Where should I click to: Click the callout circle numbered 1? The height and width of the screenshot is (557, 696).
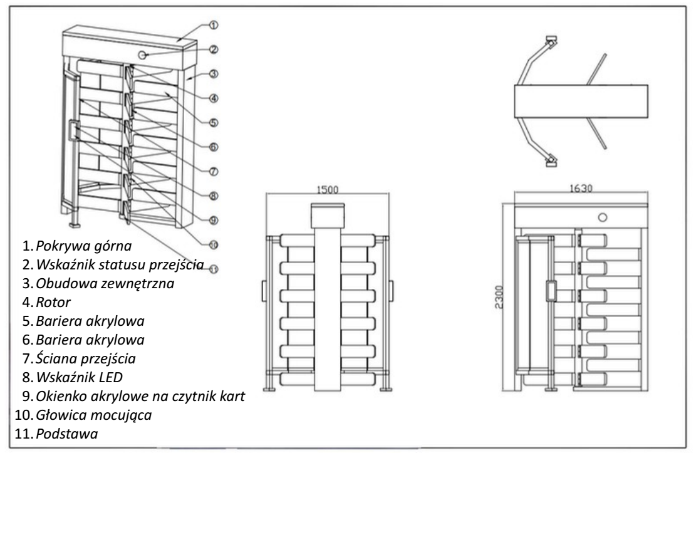click(x=214, y=25)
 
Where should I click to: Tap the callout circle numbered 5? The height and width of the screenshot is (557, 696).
click(x=214, y=123)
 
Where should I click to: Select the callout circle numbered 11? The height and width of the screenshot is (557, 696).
click(x=214, y=269)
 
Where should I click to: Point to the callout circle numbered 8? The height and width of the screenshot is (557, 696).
click(x=214, y=195)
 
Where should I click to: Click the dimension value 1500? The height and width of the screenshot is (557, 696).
click(x=327, y=189)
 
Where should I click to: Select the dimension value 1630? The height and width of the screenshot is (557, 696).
click(x=581, y=189)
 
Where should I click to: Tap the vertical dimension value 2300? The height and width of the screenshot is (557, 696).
click(x=499, y=297)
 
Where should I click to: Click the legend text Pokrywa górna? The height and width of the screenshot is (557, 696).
click(x=84, y=246)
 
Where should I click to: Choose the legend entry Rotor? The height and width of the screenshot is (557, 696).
click(x=53, y=302)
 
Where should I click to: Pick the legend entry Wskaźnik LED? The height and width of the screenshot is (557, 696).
click(x=79, y=377)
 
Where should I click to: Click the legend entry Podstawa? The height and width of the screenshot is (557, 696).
click(x=67, y=434)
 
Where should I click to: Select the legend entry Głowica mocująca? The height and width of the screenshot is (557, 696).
click(x=94, y=415)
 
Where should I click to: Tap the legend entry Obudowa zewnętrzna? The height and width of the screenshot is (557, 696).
click(x=105, y=283)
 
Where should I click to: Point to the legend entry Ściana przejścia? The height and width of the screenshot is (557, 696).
click(x=86, y=358)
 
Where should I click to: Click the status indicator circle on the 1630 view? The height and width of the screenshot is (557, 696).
click(x=602, y=217)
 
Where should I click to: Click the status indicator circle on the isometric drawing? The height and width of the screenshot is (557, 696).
click(x=142, y=55)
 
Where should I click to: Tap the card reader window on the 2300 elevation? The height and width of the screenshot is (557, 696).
click(x=551, y=291)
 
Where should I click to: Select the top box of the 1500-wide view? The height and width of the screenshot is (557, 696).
click(x=328, y=216)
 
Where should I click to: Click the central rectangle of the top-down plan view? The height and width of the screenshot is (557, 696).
click(x=581, y=102)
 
